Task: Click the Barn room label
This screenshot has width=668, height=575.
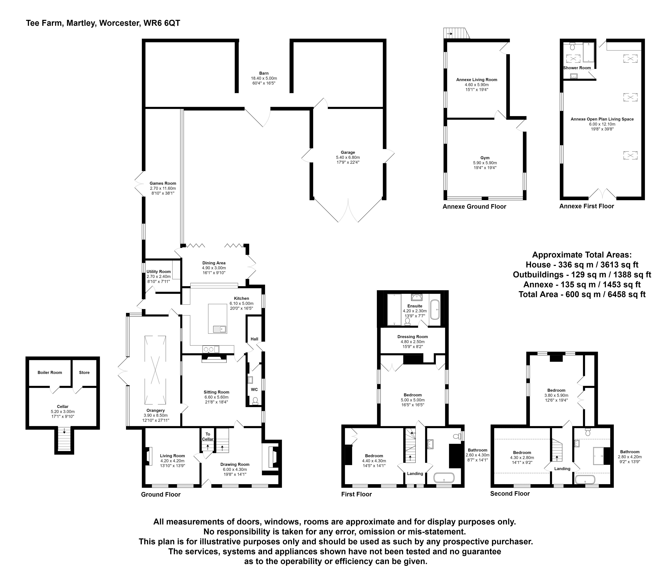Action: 264,73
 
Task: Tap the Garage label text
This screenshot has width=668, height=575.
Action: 348,152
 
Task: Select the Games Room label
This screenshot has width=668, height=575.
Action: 163,183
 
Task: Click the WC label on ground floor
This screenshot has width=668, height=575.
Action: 254,389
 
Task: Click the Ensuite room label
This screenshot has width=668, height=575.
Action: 415,306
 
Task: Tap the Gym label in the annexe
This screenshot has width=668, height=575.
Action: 485,158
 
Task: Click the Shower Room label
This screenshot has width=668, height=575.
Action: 577,68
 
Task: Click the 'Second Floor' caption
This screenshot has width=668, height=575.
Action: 510,493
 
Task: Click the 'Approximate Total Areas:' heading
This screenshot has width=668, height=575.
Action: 582,255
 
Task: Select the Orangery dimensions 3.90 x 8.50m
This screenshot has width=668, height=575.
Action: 156,415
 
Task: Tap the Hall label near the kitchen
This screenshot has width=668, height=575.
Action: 254,339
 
